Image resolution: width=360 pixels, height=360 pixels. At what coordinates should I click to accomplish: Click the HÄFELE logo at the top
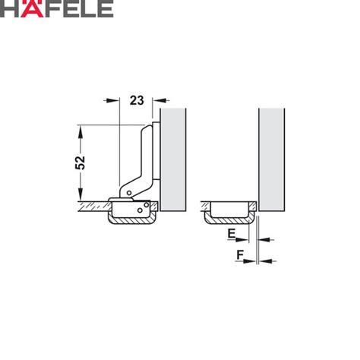[58, 10]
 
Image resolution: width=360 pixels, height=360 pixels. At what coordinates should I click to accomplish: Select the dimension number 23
[137, 99]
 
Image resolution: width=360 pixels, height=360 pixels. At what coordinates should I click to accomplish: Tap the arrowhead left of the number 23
[115, 99]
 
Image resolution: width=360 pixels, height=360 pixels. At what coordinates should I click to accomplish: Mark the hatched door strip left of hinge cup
[92, 206]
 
